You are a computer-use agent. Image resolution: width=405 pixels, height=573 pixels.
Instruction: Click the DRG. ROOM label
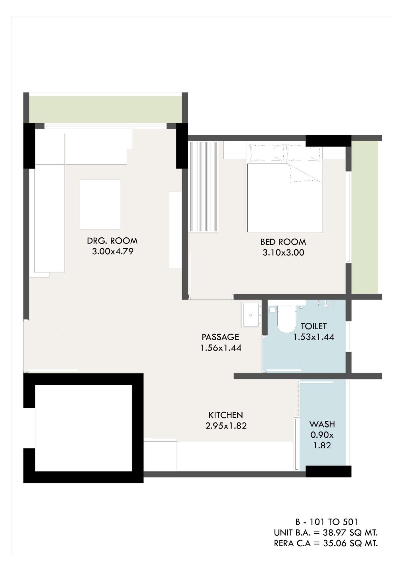coord(112,241)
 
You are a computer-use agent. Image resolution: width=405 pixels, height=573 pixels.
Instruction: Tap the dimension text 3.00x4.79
coord(113,252)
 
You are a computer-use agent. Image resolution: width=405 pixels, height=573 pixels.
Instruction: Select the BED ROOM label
coord(283,242)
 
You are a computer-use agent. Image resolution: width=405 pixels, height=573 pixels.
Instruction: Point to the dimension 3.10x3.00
coord(283,253)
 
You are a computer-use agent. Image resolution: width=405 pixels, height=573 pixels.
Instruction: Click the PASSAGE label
coord(220,337)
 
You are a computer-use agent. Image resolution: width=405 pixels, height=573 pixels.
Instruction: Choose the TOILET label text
coord(314,326)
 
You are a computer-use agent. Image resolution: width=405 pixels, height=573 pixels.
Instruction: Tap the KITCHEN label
coord(226,415)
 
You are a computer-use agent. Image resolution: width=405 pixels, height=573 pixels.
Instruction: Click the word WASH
coord(322,424)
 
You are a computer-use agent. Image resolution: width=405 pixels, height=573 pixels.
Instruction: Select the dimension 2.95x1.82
coord(226,426)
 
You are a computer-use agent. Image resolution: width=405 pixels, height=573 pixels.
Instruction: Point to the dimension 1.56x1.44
coord(221,348)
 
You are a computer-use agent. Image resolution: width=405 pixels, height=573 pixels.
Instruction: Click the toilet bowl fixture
coord(287,318)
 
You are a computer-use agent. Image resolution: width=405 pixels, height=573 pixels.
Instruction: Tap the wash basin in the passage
coord(251,315)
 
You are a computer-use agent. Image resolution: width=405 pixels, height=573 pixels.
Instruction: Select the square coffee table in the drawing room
coord(100,205)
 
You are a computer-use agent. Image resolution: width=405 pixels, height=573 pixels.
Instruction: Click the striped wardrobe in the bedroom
coord(203,186)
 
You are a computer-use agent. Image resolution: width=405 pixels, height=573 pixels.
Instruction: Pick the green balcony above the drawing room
coord(105,109)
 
